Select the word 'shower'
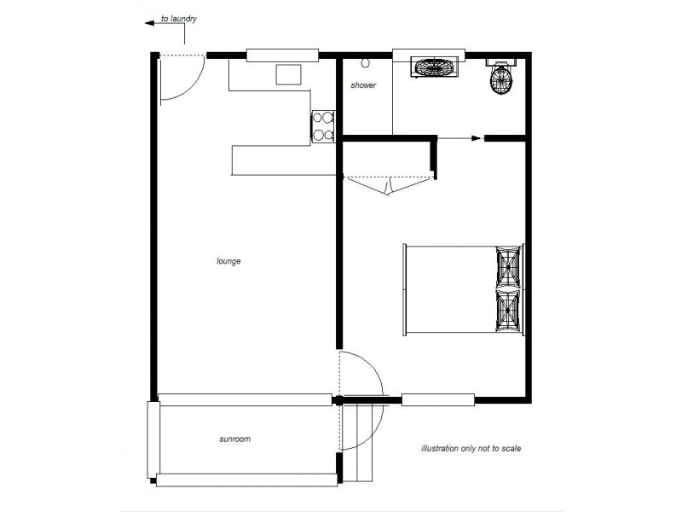coord(364,85)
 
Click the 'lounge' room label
coord(228,261)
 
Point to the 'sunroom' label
coord(234,439)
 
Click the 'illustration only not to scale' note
coord(471,448)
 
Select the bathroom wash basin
coord(435,67)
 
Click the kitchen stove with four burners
coord(321,125)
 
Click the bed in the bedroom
coord(465,290)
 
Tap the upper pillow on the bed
coord(510,266)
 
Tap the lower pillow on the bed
coord(510,311)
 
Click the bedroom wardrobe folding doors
coord(389,183)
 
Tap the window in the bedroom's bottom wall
coord(437,399)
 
